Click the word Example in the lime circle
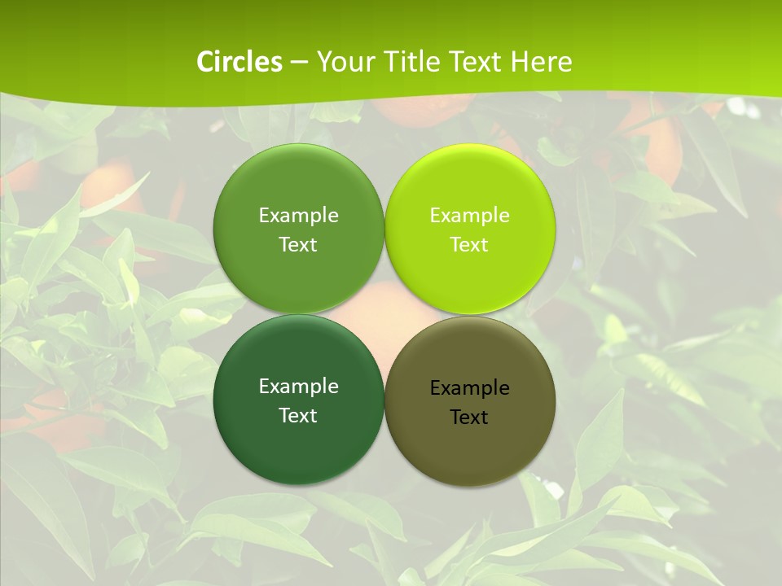pos(469,216)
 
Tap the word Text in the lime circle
pos(469,245)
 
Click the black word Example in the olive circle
pos(469,388)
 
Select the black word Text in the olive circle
pos(469,418)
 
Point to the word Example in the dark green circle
pos(298,387)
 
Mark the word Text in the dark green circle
pos(298,416)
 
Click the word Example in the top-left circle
pos(298,216)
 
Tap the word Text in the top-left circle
pos(298,245)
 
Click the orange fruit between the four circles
pos(384,314)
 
